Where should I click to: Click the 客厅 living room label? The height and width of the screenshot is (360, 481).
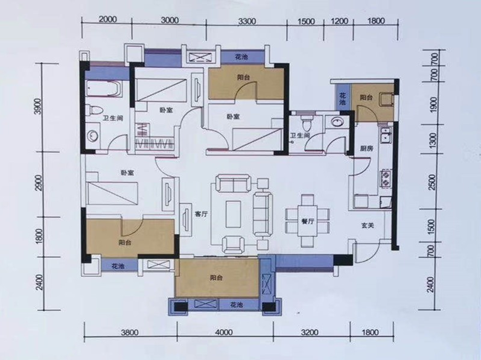[201, 214]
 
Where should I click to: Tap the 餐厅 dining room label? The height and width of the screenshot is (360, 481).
[307, 221]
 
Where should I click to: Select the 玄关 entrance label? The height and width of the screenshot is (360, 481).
[367, 226]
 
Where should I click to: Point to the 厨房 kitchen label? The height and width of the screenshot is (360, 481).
[366, 148]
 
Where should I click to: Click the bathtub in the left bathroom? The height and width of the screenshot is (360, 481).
[103, 89]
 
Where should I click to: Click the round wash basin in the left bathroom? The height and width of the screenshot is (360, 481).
[92, 136]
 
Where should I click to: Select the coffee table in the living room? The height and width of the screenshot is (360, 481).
[233, 214]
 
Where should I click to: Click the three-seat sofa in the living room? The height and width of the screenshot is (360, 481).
[263, 214]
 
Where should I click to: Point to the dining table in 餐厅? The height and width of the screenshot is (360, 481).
[307, 221]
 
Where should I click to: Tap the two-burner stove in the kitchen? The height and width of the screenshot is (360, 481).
[386, 178]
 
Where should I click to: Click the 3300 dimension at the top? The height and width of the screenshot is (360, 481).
[247, 22]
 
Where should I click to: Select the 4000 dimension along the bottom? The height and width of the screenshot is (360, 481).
[224, 332]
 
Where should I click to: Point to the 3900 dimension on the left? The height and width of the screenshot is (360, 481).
[38, 107]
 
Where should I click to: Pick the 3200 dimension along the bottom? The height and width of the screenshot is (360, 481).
[310, 332]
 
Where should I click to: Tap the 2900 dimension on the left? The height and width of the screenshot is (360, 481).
[39, 183]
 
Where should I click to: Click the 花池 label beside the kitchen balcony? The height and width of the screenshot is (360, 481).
[342, 98]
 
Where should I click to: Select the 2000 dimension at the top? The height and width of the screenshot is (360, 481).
[108, 19]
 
